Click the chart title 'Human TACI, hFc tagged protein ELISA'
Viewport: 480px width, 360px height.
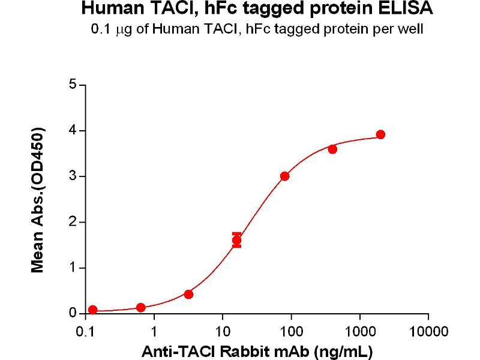point(256,10)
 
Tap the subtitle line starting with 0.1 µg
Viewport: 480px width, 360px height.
point(256,29)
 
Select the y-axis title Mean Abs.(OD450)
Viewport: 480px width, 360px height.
point(38,200)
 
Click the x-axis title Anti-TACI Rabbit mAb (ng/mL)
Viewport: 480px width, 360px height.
point(257,350)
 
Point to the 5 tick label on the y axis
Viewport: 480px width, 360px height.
point(73,85)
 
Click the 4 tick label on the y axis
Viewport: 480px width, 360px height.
point(73,130)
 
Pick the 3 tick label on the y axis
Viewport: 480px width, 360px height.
point(73,176)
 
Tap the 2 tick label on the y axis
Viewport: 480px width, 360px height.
point(73,222)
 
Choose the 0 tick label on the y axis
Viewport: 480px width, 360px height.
point(73,313)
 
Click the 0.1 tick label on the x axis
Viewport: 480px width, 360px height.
point(85,331)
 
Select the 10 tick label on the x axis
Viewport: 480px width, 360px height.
point(223,331)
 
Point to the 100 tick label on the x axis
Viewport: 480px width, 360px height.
point(291,331)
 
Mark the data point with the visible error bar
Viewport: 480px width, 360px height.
point(237,241)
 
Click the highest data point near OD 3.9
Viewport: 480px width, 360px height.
point(380,134)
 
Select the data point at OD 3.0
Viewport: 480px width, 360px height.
point(284,176)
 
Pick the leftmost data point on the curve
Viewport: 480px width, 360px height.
point(92,310)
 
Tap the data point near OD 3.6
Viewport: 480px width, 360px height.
point(332,149)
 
